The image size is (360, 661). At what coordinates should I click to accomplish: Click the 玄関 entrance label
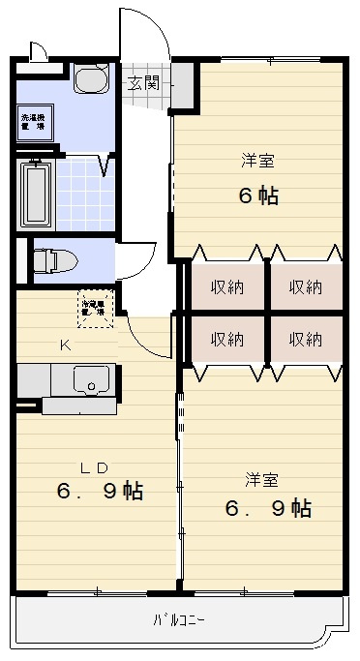(x=147, y=82)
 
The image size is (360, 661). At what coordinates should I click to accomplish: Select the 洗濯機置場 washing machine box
(x=34, y=123)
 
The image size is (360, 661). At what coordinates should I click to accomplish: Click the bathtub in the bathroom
(x=36, y=195)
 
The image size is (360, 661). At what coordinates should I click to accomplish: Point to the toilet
(x=53, y=259)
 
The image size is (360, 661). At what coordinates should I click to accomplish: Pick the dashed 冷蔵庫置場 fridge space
(x=94, y=309)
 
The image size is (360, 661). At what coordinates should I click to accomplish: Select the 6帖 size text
(x=258, y=195)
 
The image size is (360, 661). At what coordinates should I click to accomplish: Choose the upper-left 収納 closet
(x=227, y=286)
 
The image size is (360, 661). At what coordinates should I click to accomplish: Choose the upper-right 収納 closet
(x=305, y=286)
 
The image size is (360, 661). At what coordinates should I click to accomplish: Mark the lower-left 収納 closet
(x=227, y=339)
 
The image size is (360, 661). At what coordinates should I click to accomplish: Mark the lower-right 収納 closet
(x=305, y=339)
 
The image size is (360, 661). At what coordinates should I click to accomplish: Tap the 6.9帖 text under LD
(x=100, y=491)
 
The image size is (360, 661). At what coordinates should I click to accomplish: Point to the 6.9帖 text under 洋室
(x=267, y=507)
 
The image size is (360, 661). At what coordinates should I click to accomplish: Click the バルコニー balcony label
(x=179, y=618)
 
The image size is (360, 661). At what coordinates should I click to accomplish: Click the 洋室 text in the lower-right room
(x=262, y=479)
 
